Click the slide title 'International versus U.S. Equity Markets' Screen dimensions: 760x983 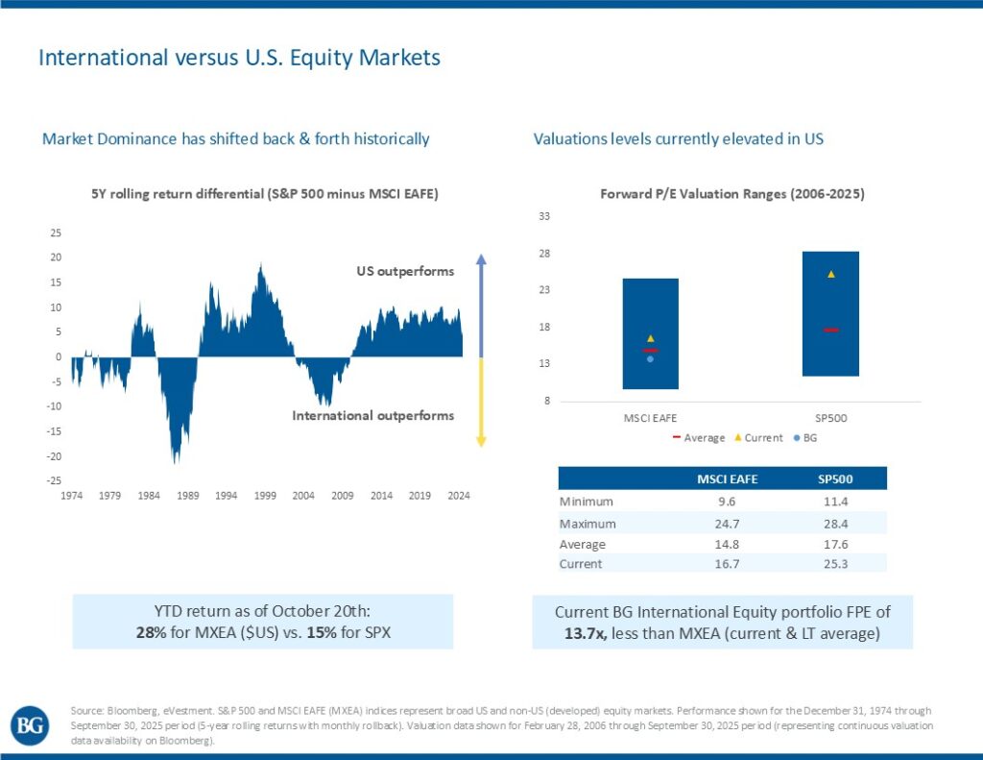point(239,58)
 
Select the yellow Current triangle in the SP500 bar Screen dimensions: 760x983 point(831,275)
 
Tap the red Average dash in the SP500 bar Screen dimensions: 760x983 point(831,330)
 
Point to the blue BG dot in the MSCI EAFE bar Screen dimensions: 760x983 point(650,358)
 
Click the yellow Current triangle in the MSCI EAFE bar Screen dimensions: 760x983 point(650,338)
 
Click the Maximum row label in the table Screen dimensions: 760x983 point(587,524)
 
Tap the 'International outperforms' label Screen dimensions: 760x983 point(372,416)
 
